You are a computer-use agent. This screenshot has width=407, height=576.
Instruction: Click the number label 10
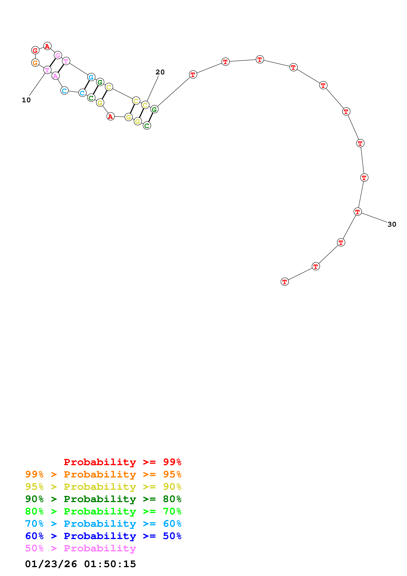(26, 100)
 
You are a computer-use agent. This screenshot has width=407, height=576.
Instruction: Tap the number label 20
(160, 72)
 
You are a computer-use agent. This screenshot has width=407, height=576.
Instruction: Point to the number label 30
(392, 224)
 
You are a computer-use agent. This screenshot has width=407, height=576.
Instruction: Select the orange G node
(35, 63)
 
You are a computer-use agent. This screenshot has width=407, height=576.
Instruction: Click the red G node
(35, 50)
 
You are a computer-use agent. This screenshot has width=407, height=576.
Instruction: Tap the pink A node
(55, 76)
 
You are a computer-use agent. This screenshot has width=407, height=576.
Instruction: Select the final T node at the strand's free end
(285, 282)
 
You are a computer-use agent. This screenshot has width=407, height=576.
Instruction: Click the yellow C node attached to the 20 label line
(145, 105)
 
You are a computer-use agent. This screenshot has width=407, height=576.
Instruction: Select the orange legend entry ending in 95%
(103, 474)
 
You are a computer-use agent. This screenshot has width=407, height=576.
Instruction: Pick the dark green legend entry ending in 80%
(103, 499)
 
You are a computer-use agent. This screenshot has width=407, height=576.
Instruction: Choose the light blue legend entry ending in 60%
(103, 524)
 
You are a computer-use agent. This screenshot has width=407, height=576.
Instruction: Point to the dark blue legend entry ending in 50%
(103, 536)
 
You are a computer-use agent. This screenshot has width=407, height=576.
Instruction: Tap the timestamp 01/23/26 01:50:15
(80, 564)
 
